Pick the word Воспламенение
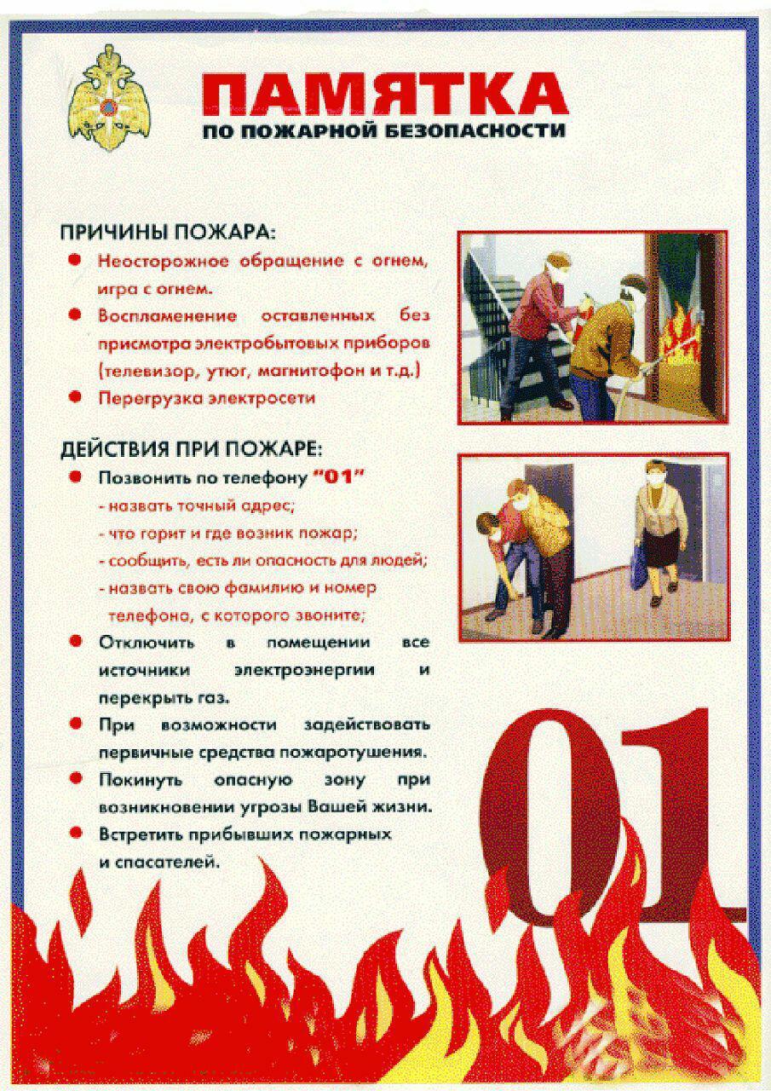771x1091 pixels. tap(168, 315)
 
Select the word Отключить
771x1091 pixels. tap(147, 642)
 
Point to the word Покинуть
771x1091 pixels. tap(138, 779)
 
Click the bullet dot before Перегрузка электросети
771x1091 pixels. tap(76, 397)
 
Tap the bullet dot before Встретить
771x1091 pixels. tap(76, 834)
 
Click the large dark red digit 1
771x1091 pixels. tap(682, 818)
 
